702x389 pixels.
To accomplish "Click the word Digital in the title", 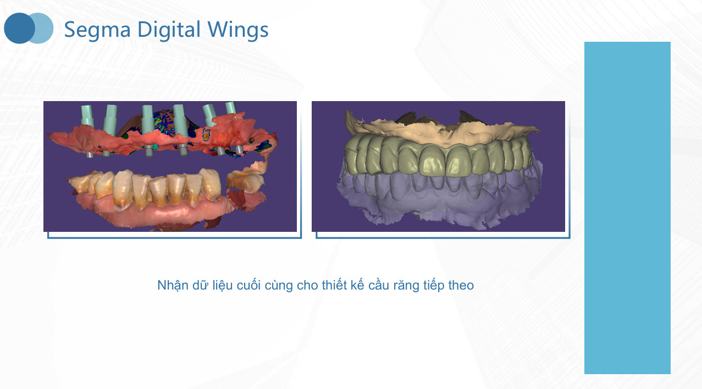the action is click(x=169, y=29).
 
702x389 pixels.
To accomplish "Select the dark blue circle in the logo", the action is click(x=19, y=28).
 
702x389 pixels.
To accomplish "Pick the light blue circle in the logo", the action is click(x=45, y=28).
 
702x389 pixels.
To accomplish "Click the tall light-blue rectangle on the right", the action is click(x=627, y=208).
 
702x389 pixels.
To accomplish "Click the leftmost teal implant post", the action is click(x=87, y=116).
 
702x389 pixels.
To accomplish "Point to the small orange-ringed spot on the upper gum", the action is click(x=206, y=134).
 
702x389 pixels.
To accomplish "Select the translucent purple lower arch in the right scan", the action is click(x=439, y=201).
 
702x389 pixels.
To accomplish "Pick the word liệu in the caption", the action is click(x=223, y=286).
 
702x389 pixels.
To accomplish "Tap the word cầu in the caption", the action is click(x=379, y=285).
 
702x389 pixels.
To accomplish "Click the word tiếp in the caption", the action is click(x=434, y=286).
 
